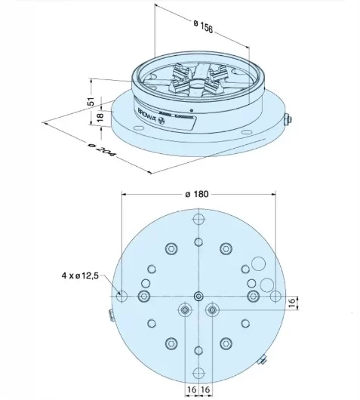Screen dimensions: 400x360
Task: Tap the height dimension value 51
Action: pyautogui.click(x=91, y=101)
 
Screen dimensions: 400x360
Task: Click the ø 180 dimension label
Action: pyautogui.click(x=197, y=194)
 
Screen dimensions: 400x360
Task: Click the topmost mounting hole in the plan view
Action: pyautogui.click(x=198, y=220)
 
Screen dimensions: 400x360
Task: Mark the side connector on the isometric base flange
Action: pyautogui.click(x=287, y=121)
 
